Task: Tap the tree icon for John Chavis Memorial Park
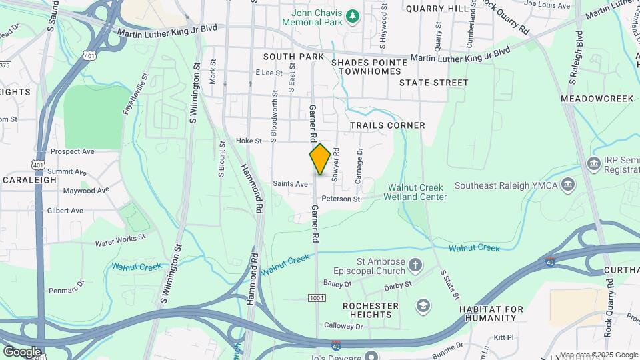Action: point(354,15)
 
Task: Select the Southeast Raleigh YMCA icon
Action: point(568,184)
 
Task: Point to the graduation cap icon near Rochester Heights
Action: point(422,305)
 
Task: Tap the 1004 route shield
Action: point(317,297)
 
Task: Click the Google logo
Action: point(22,351)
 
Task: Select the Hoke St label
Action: point(249,141)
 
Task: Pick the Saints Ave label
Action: point(290,183)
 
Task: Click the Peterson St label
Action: point(341,199)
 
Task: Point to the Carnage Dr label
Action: point(359,165)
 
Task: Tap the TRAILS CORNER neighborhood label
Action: point(387,125)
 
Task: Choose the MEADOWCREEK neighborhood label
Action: point(597,98)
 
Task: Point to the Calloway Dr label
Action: point(343,326)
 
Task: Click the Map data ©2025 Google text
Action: point(598,355)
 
